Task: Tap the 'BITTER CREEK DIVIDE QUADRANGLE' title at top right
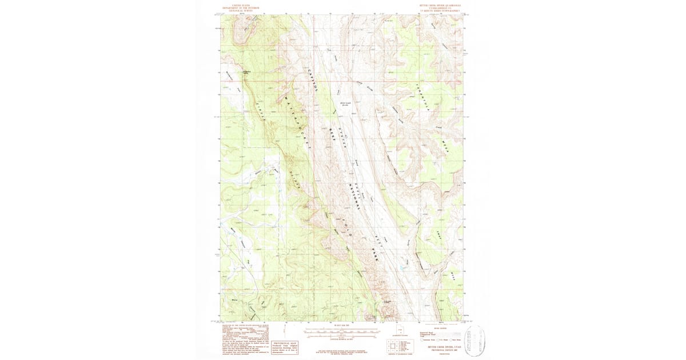click(x=441, y=5)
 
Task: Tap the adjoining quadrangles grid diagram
click(x=393, y=345)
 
